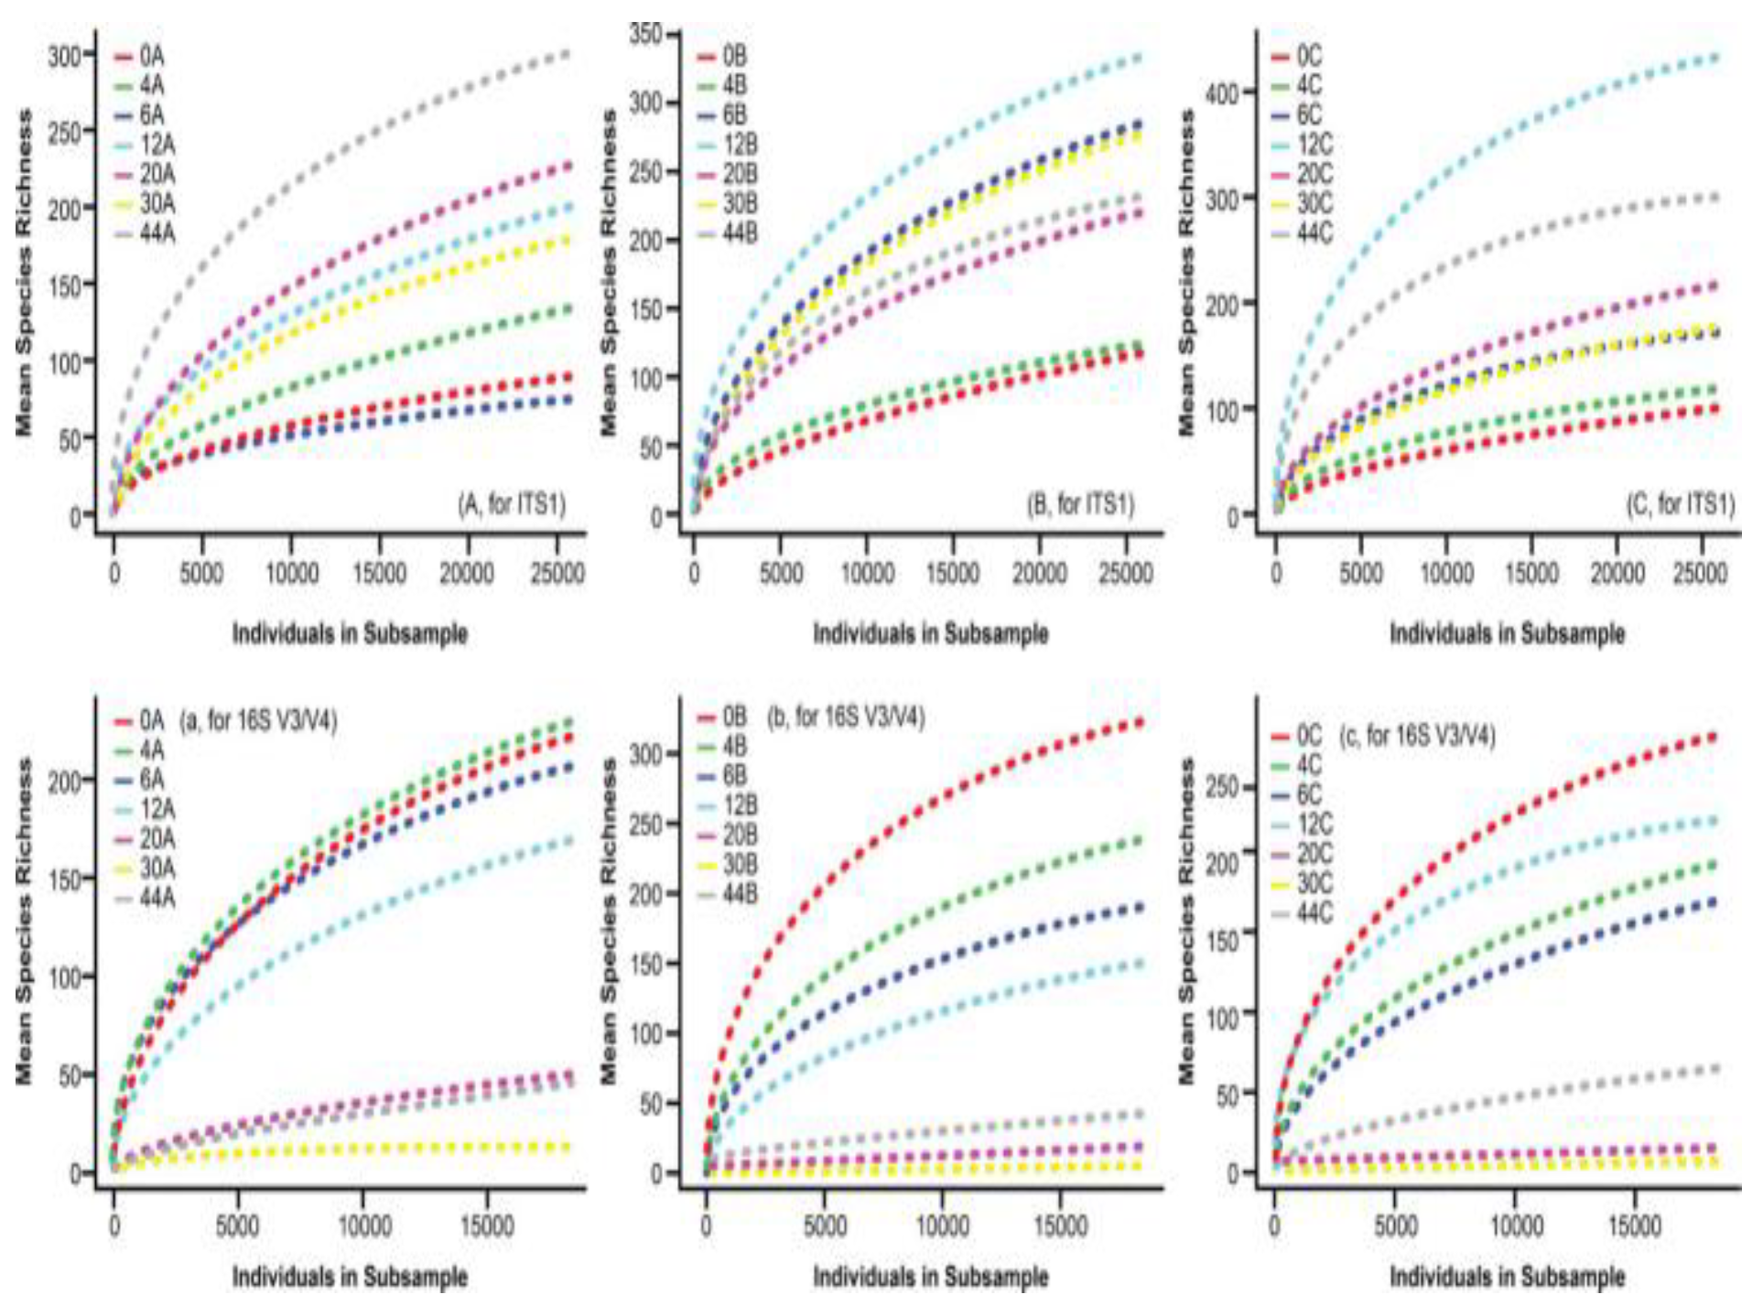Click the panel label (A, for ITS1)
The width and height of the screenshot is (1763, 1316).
(x=512, y=504)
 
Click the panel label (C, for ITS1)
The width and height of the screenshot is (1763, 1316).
(x=1680, y=504)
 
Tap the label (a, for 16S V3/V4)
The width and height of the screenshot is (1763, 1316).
(x=259, y=721)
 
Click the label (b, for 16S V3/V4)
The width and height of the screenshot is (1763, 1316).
(x=846, y=717)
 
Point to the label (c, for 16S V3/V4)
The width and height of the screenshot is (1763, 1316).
(x=1417, y=736)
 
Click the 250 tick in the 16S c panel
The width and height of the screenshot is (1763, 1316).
(x=1222, y=787)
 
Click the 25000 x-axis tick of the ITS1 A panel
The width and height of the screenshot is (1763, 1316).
(x=558, y=574)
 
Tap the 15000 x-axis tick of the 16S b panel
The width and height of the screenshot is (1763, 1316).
(x=1060, y=1225)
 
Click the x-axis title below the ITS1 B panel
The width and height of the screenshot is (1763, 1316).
(x=930, y=633)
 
